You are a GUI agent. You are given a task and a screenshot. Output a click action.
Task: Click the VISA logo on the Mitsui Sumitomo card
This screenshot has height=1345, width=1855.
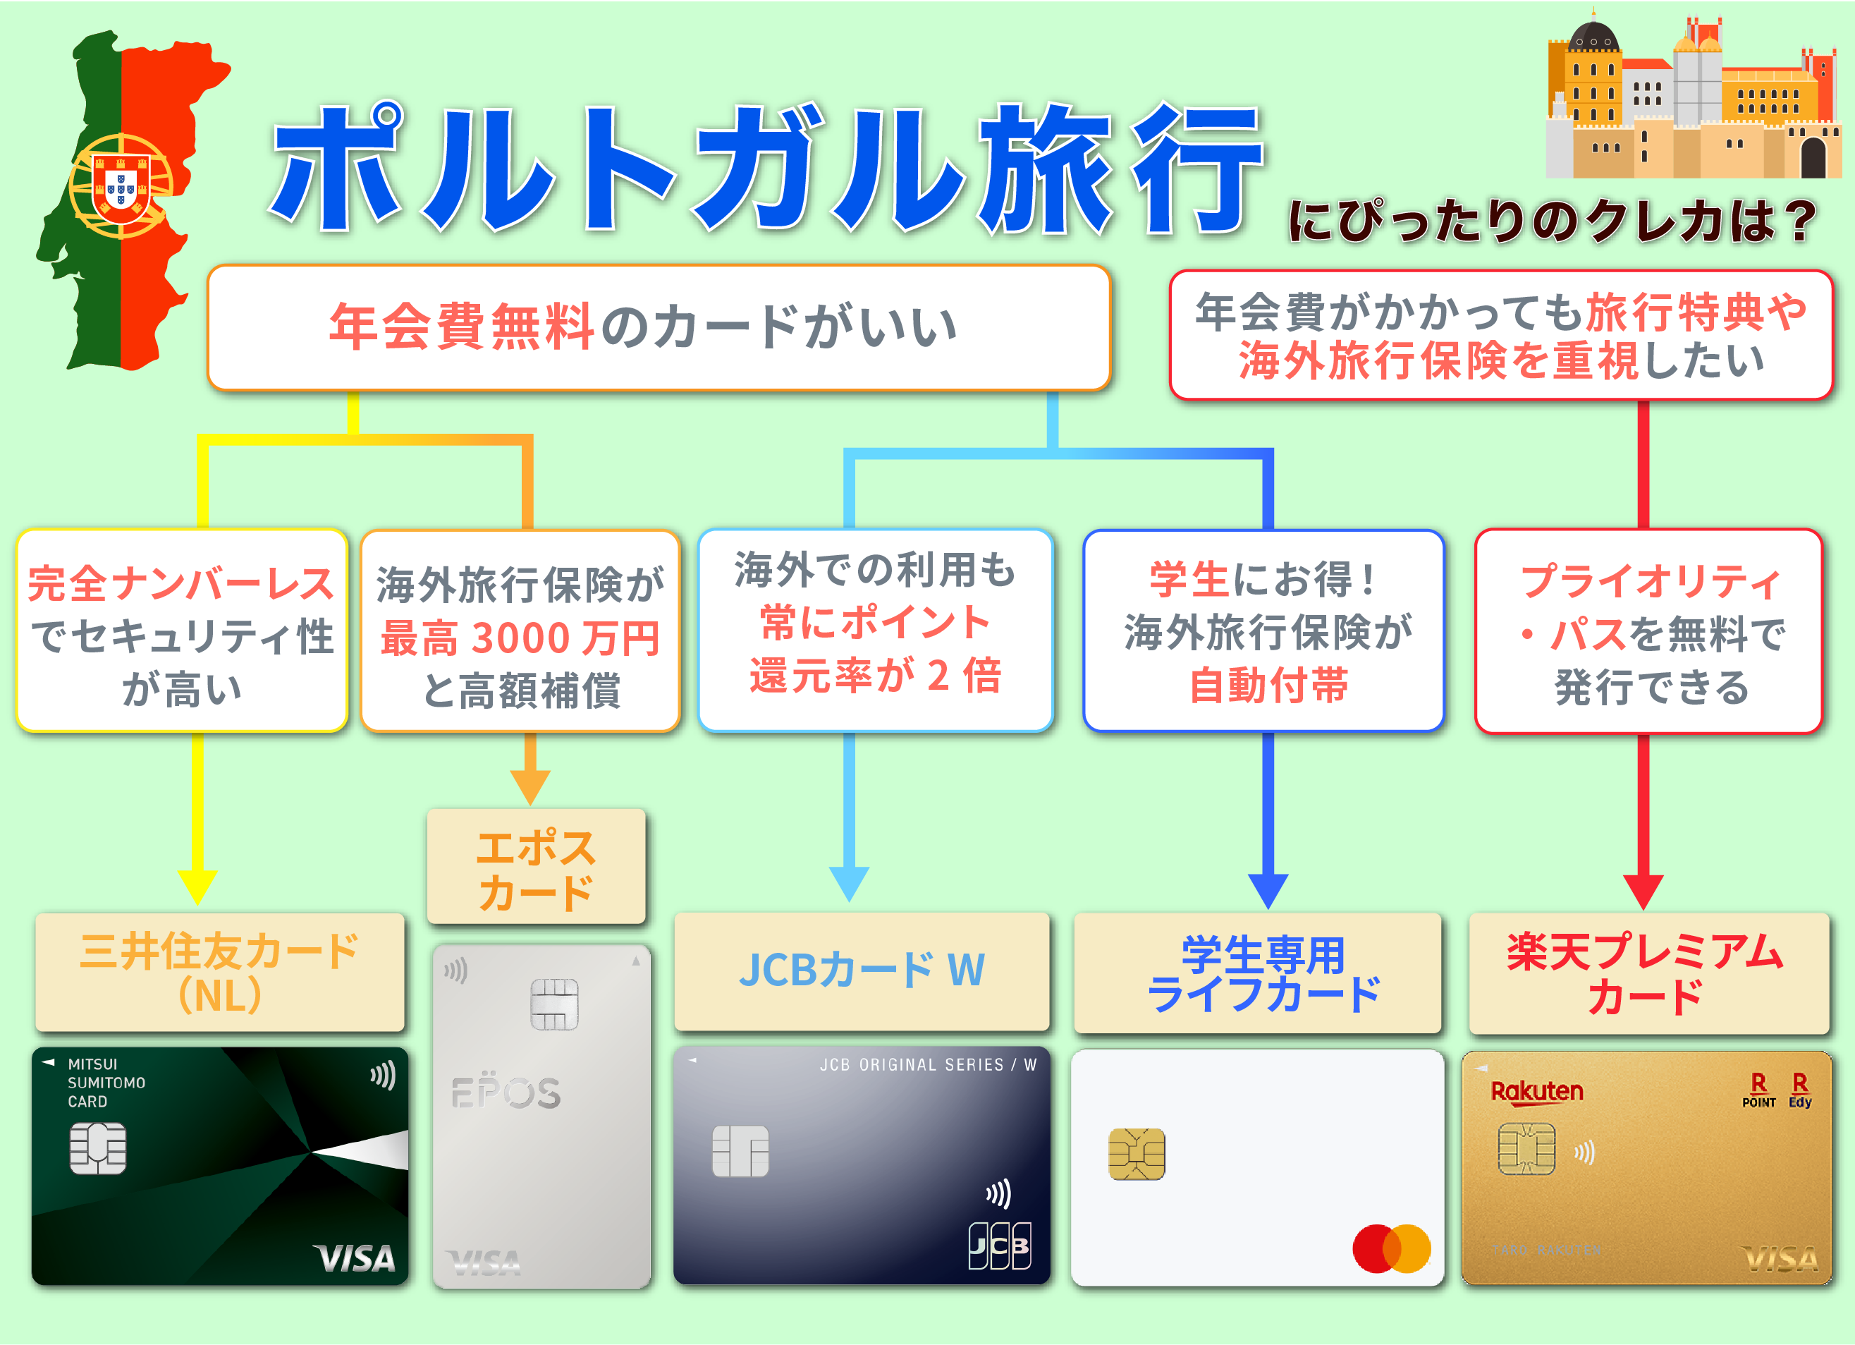point(354,1258)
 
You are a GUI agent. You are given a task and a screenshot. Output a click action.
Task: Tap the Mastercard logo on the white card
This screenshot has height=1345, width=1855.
point(1391,1248)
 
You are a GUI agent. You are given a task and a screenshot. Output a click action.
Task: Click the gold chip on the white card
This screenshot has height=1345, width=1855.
point(1136,1154)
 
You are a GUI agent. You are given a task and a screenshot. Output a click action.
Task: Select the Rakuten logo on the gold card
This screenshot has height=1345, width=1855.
point(1536,1093)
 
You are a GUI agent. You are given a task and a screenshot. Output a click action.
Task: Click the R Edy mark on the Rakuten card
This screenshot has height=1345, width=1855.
point(1799,1090)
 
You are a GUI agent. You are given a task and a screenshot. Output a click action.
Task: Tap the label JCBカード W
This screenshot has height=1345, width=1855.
point(862,970)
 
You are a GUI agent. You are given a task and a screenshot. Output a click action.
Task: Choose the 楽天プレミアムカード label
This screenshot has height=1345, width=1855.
point(1648,973)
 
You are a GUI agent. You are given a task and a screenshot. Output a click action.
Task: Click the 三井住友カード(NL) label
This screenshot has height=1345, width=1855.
point(220,973)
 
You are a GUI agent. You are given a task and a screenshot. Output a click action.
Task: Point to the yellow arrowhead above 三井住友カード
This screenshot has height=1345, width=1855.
point(198,888)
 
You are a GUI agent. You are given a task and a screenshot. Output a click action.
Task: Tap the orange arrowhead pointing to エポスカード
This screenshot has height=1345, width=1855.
point(530,788)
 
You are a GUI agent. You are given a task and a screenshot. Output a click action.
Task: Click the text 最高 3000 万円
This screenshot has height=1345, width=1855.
point(520,638)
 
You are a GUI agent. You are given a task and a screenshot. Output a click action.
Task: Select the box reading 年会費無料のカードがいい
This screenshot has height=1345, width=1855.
point(659,327)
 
